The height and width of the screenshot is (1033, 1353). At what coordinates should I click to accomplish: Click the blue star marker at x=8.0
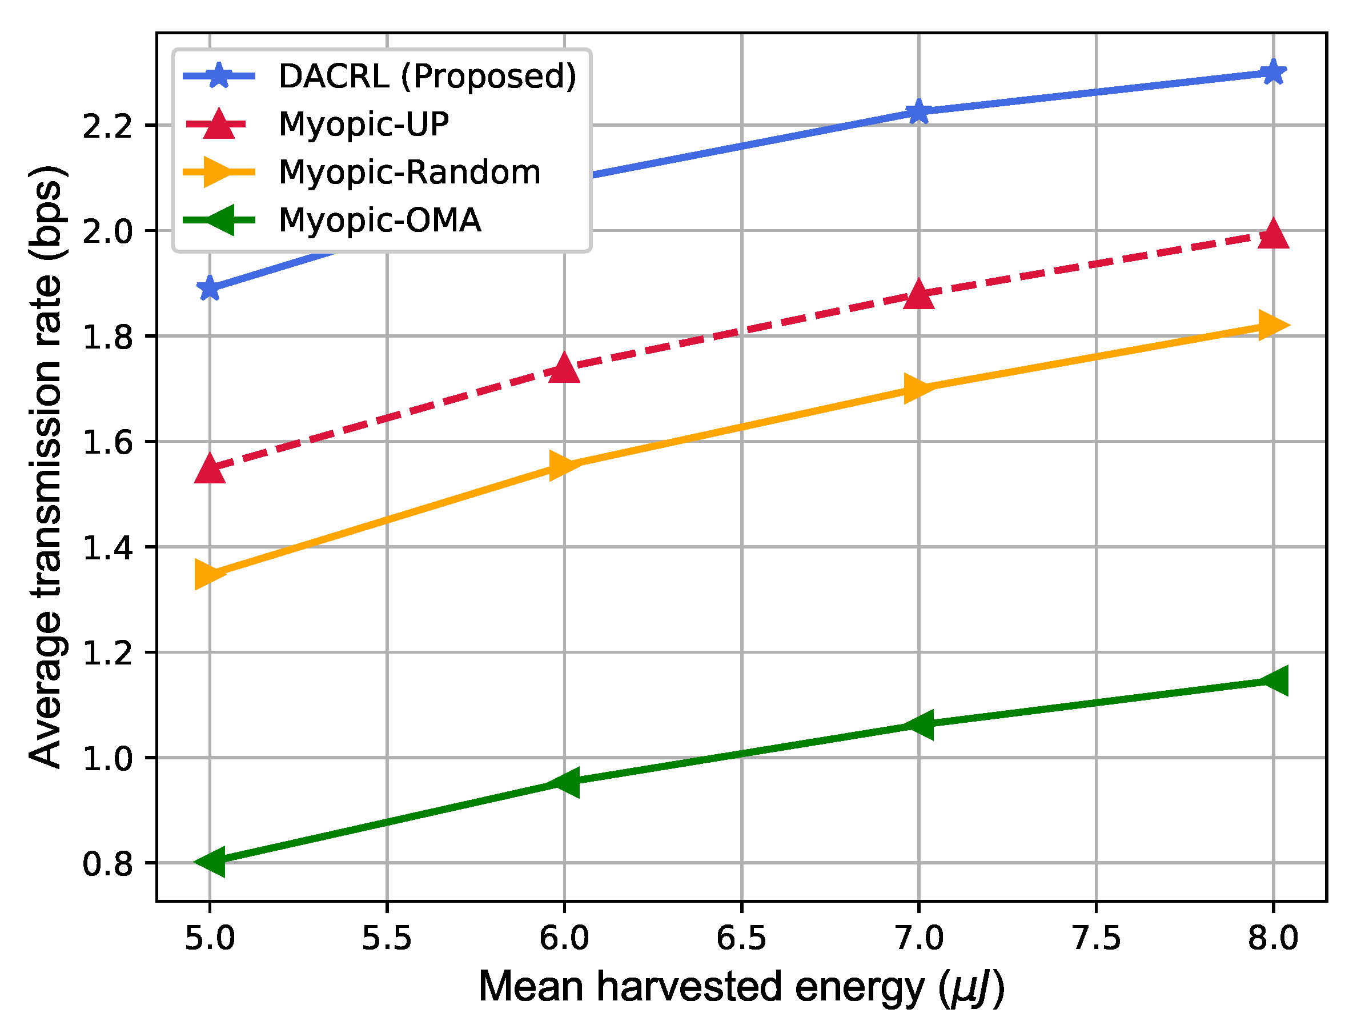point(1272,73)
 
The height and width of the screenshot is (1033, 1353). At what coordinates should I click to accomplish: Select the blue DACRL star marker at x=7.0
point(918,112)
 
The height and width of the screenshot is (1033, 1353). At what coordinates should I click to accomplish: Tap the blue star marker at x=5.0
point(210,288)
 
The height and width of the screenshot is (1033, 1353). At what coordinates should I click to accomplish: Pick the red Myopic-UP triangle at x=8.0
point(1272,235)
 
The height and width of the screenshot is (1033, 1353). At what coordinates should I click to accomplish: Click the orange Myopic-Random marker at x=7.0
point(918,388)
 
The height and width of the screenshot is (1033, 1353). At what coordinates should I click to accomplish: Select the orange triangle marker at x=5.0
point(210,574)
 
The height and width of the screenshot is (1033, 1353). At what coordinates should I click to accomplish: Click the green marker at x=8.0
point(1272,680)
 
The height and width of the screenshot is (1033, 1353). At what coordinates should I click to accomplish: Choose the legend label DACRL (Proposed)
point(427,76)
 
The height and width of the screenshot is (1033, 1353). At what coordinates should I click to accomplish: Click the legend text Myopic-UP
point(363,124)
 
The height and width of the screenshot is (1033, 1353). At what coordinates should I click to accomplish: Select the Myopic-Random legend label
point(409,172)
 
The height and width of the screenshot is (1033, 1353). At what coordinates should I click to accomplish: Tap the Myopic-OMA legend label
point(379,220)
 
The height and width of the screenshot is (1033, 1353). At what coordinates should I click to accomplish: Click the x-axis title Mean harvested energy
point(741,987)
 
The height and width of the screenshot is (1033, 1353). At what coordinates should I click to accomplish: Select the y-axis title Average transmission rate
point(46,467)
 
